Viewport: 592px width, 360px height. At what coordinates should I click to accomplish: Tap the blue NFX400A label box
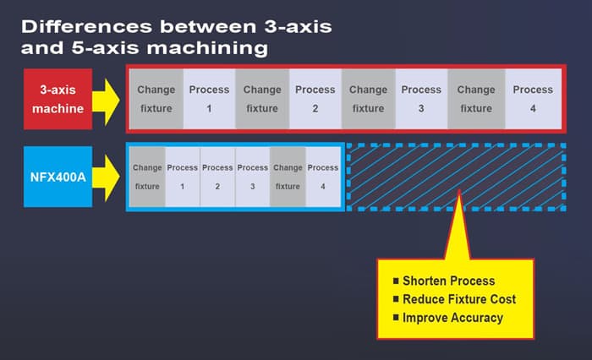(58, 176)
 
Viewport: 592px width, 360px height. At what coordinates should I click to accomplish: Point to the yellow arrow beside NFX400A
(108, 176)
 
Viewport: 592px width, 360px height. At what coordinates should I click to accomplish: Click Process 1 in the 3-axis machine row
(209, 98)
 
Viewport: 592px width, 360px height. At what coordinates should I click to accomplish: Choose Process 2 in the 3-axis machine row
(315, 98)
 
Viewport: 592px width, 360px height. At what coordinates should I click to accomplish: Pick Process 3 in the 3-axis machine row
(421, 98)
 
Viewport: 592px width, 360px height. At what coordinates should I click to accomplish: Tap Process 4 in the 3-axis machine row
(532, 98)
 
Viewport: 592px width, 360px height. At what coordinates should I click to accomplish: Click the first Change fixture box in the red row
(156, 98)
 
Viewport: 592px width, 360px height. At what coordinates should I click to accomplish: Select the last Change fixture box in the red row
(476, 98)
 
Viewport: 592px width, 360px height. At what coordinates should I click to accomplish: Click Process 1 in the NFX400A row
(182, 176)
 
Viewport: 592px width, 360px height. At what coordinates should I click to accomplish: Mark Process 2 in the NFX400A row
(217, 176)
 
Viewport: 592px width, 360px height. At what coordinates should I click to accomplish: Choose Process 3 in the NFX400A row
(252, 176)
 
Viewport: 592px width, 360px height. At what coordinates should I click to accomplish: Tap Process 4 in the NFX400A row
(322, 176)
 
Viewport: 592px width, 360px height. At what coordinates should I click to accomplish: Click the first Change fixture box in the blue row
(147, 176)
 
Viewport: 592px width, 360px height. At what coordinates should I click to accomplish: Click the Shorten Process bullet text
(448, 281)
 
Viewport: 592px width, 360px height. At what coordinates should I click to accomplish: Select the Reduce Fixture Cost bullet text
(458, 299)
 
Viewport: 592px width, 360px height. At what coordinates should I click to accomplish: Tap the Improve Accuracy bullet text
(452, 318)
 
